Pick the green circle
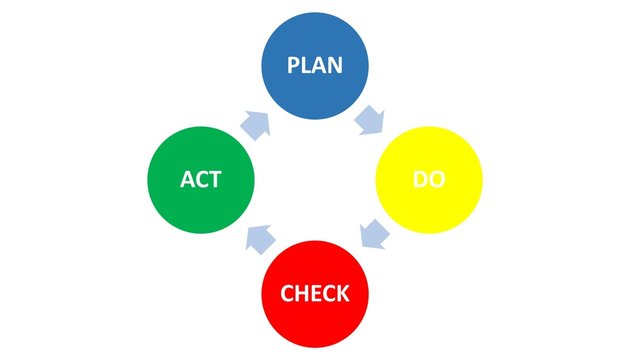tap(200, 180)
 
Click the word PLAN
tap(315, 66)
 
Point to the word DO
tap(429, 181)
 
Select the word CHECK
tap(315, 294)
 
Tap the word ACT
tap(201, 181)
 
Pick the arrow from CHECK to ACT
tap(260, 237)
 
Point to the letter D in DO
tap(420, 181)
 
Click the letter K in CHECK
tap(342, 294)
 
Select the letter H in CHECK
tap(301, 294)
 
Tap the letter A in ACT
tap(187, 181)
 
